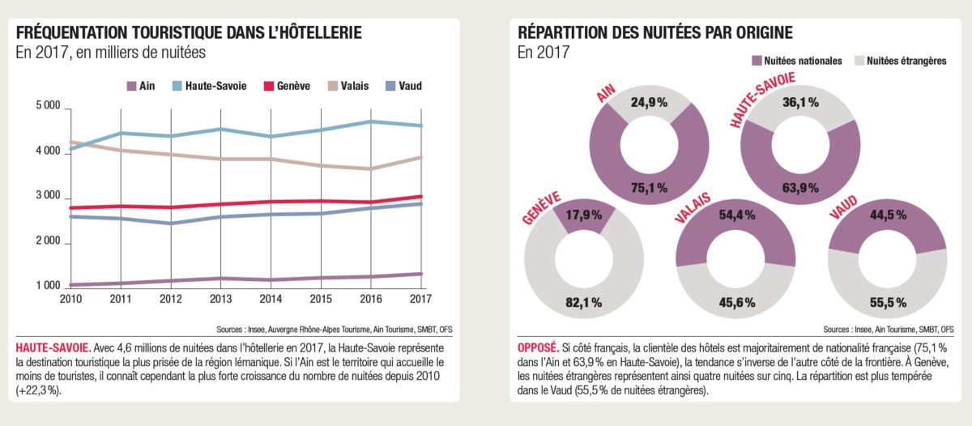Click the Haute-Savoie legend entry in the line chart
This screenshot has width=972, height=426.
[x=213, y=85]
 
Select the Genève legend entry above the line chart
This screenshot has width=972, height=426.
[x=288, y=85]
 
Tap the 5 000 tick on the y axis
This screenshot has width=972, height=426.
[x=48, y=107]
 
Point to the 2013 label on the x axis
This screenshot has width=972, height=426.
[x=220, y=299]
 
